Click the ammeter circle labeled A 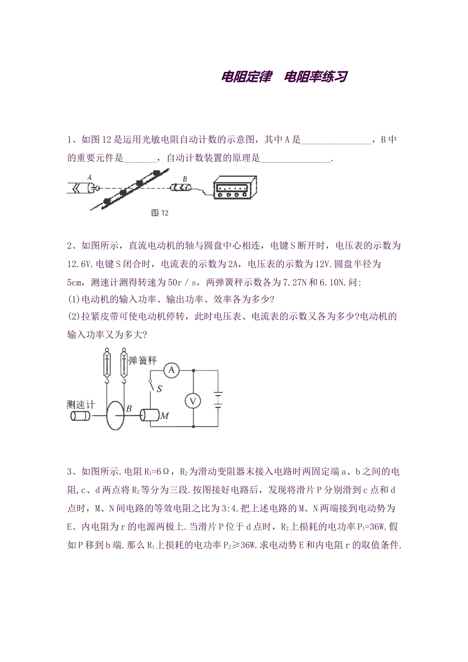coord(171,370)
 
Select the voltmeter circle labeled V coord(193,401)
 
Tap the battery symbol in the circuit coord(218,399)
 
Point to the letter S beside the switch coord(159,389)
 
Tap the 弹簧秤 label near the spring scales coord(142,360)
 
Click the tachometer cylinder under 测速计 coord(80,416)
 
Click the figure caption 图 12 coord(160,213)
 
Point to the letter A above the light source coord(89,176)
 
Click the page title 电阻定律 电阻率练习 coord(285,77)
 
